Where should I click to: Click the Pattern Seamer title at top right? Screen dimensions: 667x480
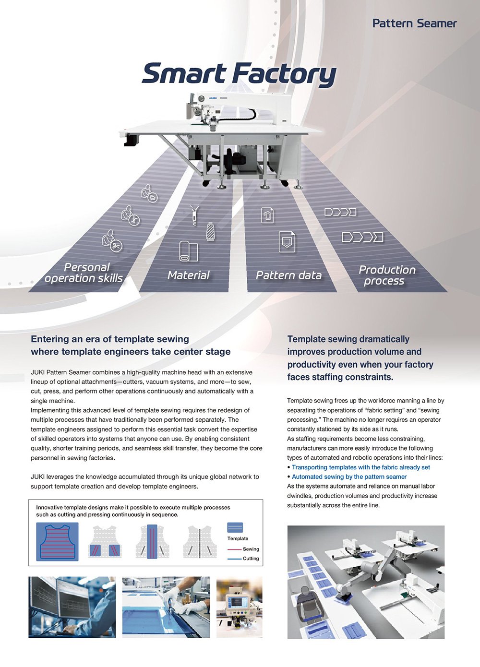[414, 23]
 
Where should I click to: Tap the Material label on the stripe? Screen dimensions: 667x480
[189, 275]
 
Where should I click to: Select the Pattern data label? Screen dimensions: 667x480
[288, 275]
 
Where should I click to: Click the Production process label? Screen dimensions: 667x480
[386, 275]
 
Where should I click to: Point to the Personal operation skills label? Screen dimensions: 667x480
[84, 273]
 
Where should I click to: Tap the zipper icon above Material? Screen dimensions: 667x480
[194, 215]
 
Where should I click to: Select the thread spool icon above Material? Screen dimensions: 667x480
[210, 231]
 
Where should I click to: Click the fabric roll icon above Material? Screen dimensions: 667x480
[188, 251]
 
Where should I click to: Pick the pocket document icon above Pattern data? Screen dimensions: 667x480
[287, 241]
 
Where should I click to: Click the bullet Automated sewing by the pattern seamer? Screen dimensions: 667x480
[349, 476]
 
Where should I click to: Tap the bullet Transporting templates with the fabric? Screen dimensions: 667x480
[360, 467]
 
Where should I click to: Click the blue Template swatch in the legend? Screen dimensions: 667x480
[235, 527]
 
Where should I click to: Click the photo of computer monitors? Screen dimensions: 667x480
[72, 607]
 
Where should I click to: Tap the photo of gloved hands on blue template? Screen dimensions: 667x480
[166, 607]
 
